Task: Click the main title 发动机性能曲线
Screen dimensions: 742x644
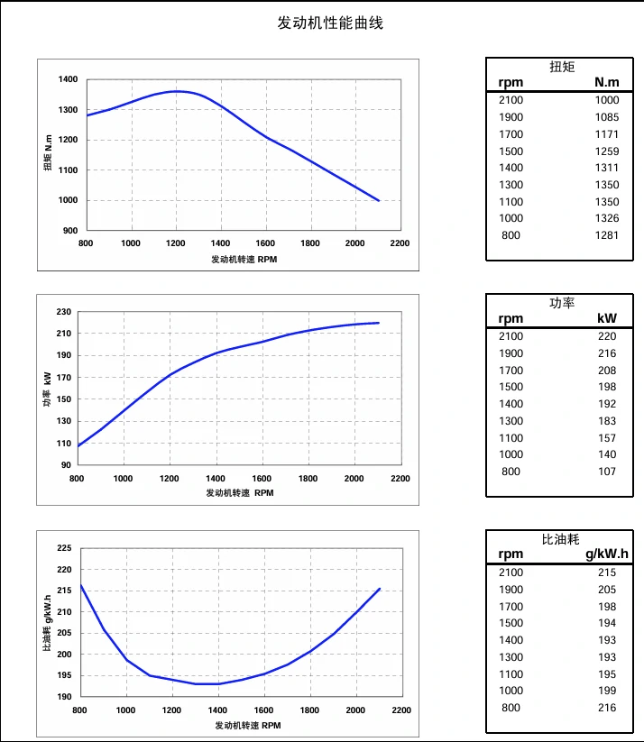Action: point(330,23)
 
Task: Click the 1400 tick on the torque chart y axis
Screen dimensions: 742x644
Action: point(68,79)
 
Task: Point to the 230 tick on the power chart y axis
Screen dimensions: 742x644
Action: point(63,312)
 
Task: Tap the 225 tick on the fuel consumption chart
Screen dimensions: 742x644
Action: point(64,548)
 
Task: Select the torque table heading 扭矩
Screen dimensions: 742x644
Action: point(562,67)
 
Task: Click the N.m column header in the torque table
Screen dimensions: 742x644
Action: point(607,83)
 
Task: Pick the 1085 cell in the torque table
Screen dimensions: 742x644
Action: point(607,117)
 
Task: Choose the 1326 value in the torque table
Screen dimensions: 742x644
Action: point(607,218)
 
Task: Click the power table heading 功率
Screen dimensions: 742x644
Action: point(562,303)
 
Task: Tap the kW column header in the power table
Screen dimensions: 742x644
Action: point(607,319)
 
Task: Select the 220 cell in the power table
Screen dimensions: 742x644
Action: point(607,336)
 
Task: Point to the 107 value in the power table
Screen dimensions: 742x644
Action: point(607,472)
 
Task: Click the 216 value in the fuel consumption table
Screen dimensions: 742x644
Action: point(607,708)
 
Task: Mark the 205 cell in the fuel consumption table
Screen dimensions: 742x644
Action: point(607,590)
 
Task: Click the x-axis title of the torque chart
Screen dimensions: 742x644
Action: point(244,260)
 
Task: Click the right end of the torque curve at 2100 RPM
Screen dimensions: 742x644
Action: point(379,200)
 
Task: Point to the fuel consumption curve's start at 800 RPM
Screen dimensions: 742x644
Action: point(81,586)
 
